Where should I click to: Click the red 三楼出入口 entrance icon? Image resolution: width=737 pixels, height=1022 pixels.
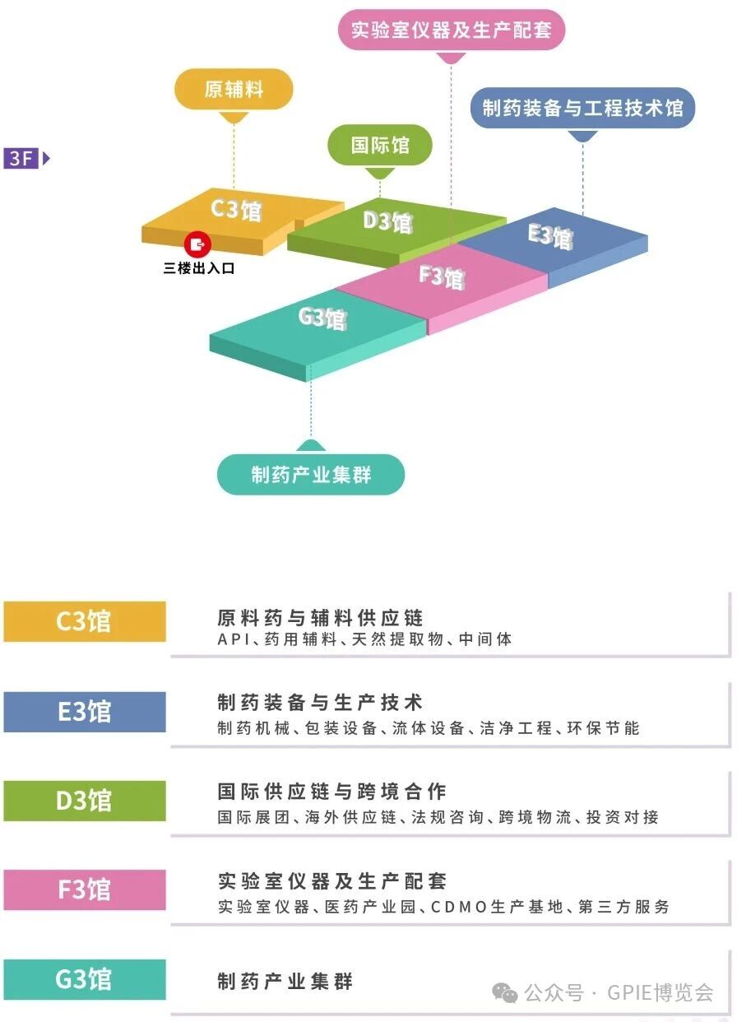[x=198, y=244]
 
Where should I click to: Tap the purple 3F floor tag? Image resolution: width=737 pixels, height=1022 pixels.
[x=22, y=157]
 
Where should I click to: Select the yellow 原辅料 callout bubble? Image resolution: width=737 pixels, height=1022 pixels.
[x=234, y=89]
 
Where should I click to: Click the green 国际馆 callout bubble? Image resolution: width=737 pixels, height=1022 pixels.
[x=379, y=146]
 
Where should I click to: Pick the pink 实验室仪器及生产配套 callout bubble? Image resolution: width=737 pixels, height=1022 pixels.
[x=452, y=31]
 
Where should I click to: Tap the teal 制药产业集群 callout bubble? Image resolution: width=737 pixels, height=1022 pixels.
[x=311, y=475]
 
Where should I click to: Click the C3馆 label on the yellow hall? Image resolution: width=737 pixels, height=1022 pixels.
[x=236, y=208]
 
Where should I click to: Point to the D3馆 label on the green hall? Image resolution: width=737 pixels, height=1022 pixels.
[x=387, y=221]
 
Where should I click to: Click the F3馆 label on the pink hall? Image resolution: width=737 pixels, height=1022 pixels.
[x=442, y=276]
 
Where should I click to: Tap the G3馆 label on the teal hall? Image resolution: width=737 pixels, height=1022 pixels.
[x=322, y=317]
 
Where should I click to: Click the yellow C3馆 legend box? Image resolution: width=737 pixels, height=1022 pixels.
[x=84, y=621]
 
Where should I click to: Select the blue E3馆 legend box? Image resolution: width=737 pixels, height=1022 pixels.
[x=84, y=711]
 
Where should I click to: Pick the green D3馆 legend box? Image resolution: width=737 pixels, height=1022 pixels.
[x=84, y=801]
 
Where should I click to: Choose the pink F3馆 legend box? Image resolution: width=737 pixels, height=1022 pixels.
[x=84, y=890]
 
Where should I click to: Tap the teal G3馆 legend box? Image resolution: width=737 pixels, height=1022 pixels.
[x=84, y=979]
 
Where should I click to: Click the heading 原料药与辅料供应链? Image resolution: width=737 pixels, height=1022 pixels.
[x=320, y=617]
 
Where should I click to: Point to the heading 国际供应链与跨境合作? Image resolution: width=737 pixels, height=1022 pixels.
[x=331, y=792]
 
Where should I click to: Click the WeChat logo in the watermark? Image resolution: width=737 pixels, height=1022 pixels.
[x=504, y=994]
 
